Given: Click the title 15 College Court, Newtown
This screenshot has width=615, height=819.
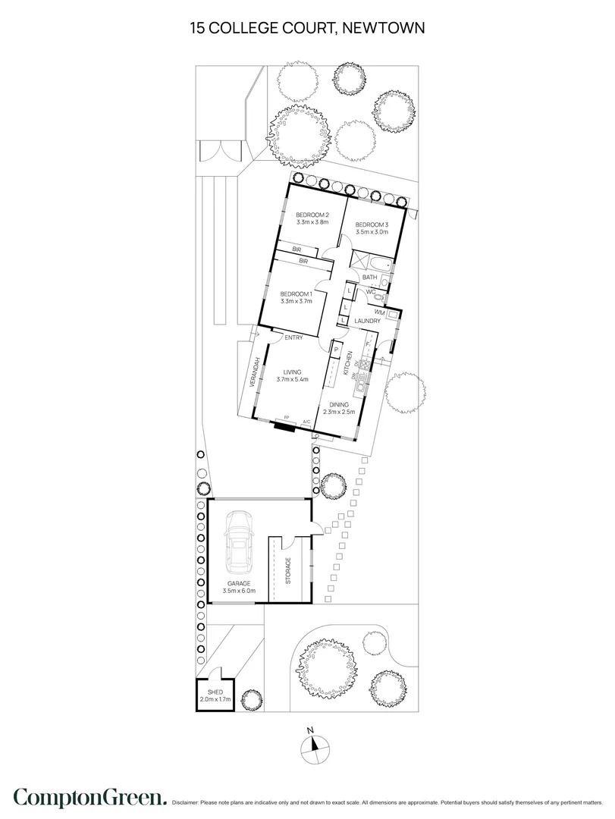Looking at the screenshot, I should [x=307, y=28].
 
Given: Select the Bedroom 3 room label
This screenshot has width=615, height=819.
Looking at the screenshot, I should [x=372, y=224].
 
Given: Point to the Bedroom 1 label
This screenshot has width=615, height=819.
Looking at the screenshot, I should [x=295, y=294].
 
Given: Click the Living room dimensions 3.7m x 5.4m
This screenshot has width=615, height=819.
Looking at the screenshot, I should [x=293, y=381].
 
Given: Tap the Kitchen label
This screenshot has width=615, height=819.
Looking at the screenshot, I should [x=350, y=365].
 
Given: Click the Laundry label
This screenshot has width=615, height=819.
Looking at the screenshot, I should [x=367, y=322].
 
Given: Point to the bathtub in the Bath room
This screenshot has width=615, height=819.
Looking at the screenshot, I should [x=380, y=265].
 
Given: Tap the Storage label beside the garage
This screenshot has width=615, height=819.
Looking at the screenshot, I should [x=288, y=570].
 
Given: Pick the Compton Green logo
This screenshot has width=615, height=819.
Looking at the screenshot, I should [x=89, y=797].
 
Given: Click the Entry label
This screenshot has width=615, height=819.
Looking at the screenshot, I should [x=294, y=338].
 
